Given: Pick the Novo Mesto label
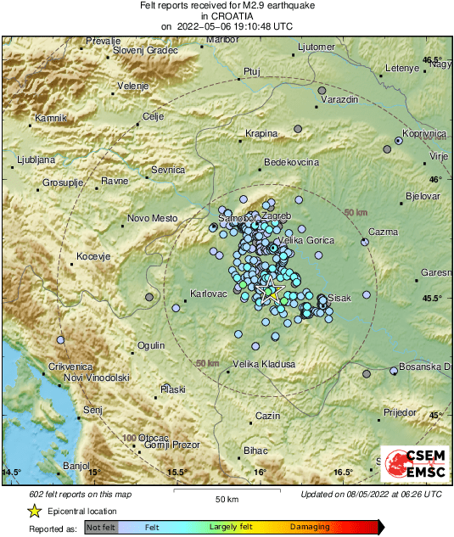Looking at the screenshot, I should pos(152,218).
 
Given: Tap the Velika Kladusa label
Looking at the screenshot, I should pos(264,364).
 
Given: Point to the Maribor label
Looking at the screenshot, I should pos(222,40).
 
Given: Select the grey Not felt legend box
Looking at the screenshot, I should pos(102,528).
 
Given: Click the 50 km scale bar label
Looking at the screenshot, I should pos(226,498).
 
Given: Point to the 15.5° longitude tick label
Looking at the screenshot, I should pos(177,473).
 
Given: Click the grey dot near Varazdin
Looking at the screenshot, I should pos(322,90).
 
